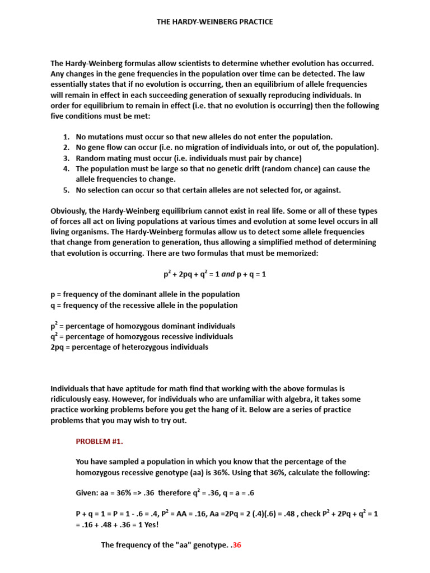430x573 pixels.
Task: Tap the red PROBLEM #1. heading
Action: (x=99, y=441)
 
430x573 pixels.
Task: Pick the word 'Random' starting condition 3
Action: (x=90, y=158)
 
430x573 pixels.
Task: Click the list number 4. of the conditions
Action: (x=66, y=168)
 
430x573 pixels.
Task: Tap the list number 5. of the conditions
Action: (x=66, y=190)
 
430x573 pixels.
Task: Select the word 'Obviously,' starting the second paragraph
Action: (x=71, y=211)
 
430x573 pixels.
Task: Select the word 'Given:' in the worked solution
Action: (x=87, y=494)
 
